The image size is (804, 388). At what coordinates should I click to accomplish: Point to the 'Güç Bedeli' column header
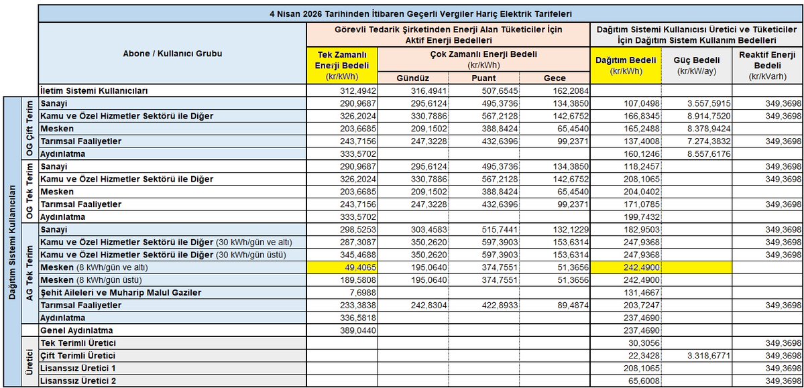[697, 65]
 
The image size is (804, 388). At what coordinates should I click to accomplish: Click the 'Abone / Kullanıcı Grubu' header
[172, 53]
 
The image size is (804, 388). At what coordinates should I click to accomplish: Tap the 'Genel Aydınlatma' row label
[76, 330]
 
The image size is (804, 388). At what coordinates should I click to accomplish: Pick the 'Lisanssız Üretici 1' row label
[78, 368]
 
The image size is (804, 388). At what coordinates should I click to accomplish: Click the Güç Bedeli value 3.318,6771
[704, 355]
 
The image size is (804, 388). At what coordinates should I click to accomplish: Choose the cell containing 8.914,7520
[704, 116]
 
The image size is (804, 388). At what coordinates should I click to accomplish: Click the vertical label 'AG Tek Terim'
[29, 273]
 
